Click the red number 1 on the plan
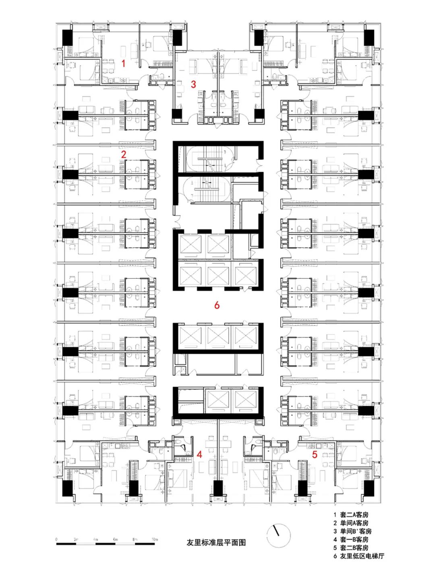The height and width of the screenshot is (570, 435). click(124, 63)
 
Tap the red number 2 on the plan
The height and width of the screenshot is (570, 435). click(124, 154)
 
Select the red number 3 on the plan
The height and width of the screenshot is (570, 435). click(193, 84)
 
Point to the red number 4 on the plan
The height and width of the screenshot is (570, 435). click(199, 454)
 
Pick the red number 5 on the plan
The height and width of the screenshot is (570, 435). click(315, 455)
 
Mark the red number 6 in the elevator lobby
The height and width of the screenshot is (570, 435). click(217, 305)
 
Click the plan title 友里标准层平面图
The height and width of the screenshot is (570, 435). click(216, 543)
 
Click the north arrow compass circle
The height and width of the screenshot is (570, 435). click(278, 536)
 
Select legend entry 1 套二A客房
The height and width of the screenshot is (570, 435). click(350, 515)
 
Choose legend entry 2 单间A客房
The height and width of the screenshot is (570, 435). click(350, 523)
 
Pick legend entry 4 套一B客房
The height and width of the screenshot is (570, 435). click(350, 539)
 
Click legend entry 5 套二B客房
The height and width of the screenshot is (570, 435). click(350, 548)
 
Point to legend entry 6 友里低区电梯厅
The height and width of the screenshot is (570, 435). click(358, 556)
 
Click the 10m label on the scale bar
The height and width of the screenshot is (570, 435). click(155, 539)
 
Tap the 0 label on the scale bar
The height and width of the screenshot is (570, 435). click(56, 539)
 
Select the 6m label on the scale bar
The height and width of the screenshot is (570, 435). click(115, 539)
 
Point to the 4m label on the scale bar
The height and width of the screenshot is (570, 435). click(95, 539)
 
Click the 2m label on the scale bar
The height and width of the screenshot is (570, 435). click(76, 539)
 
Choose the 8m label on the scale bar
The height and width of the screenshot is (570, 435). click(135, 539)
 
